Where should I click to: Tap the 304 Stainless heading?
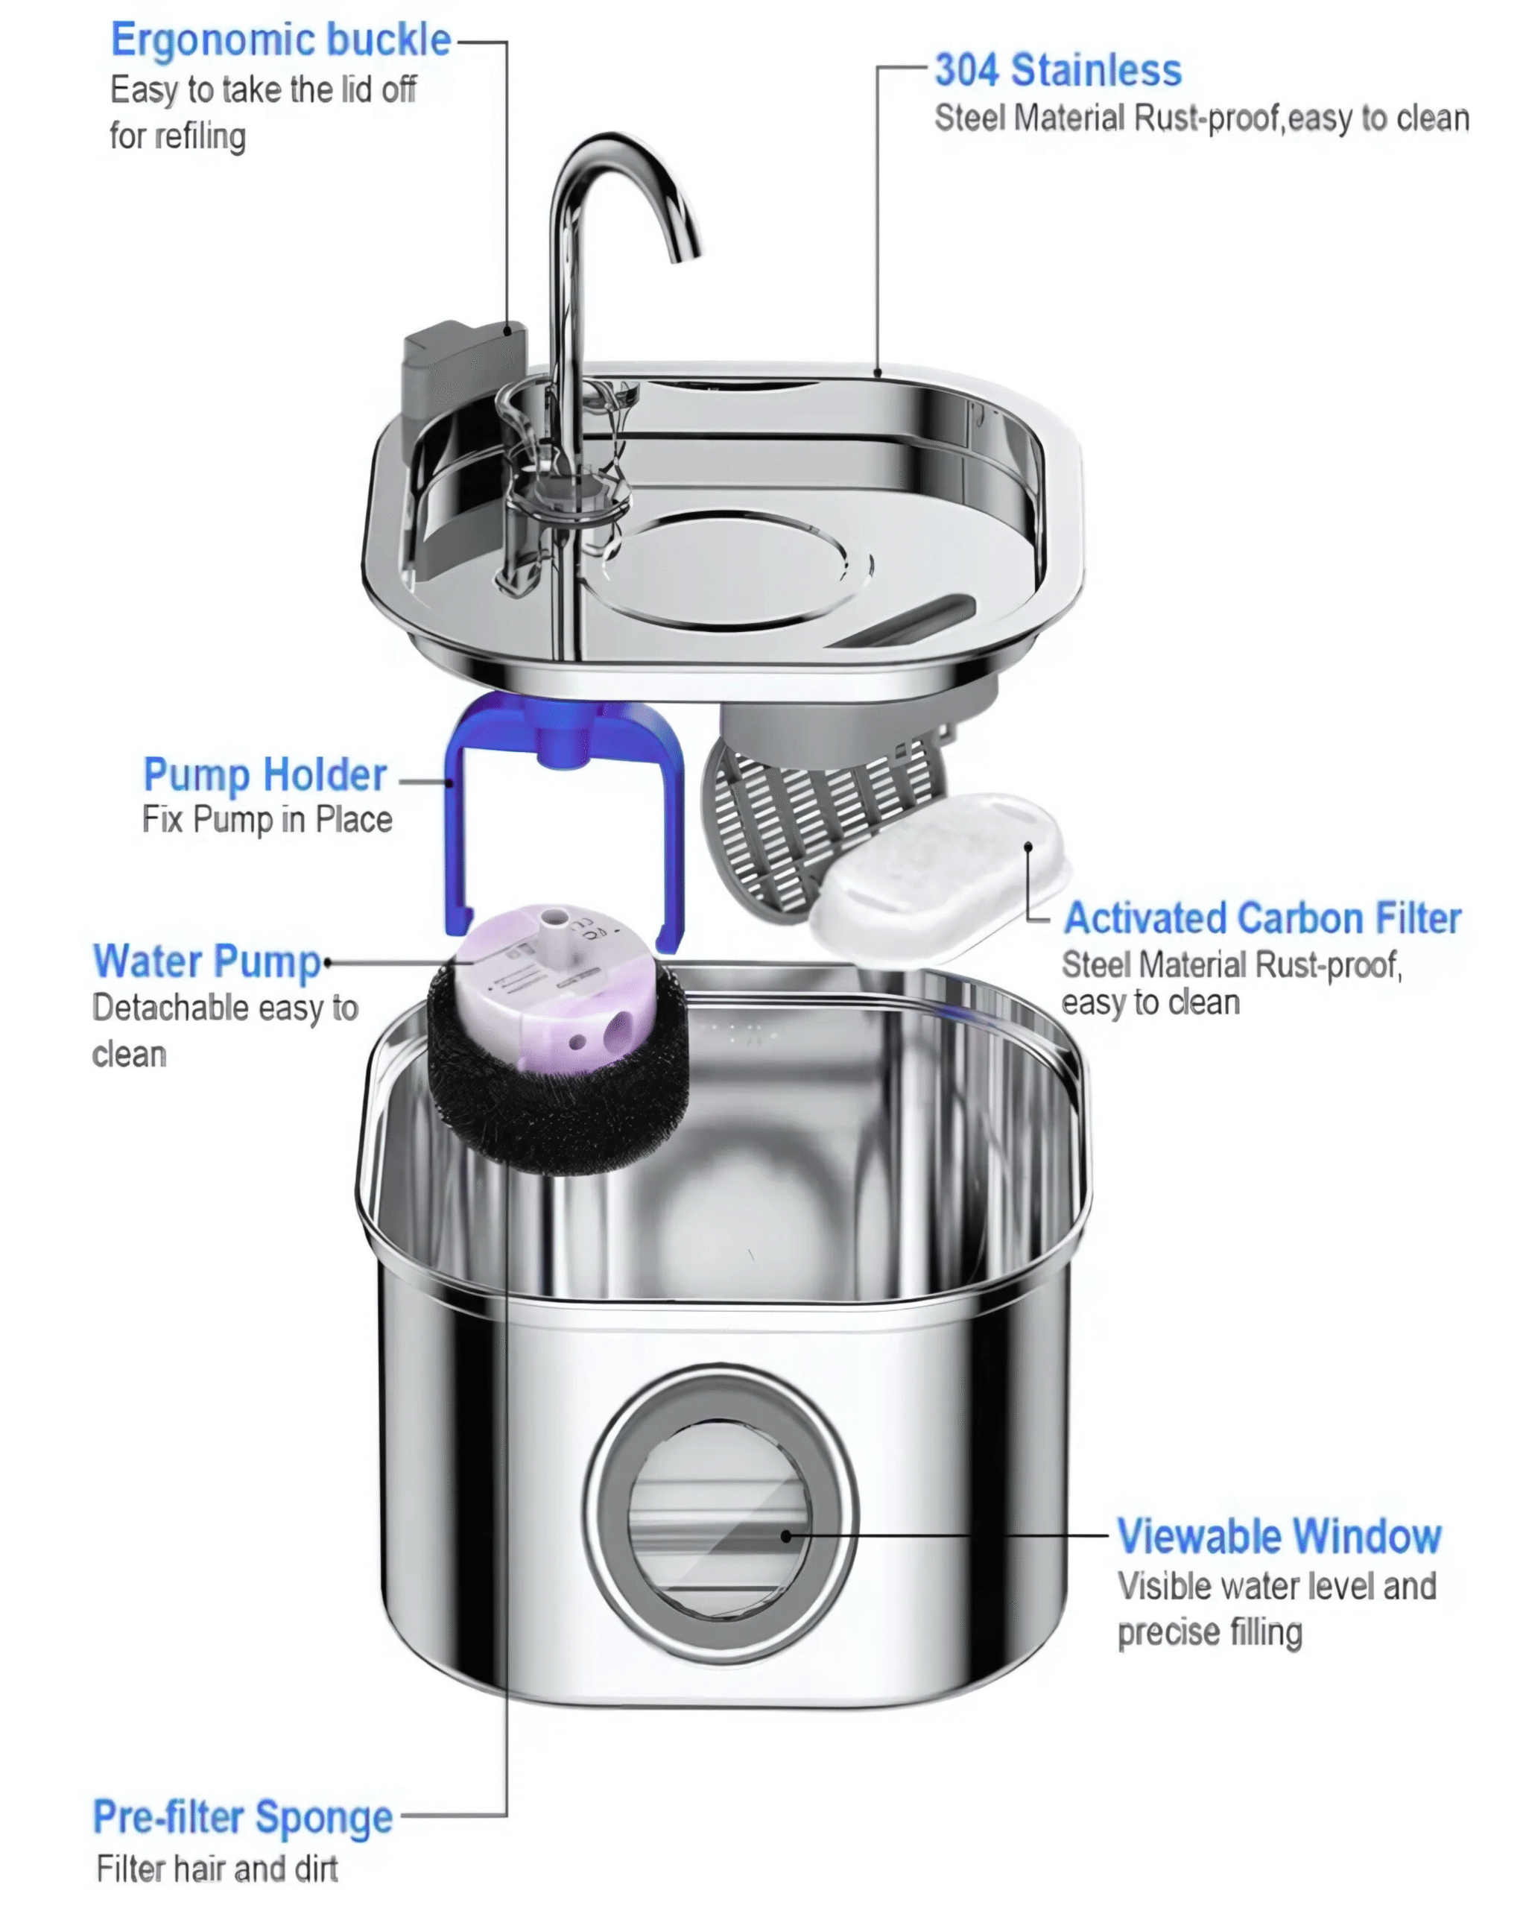click(1058, 70)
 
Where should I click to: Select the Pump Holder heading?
click(265, 775)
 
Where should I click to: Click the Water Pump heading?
click(207, 962)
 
